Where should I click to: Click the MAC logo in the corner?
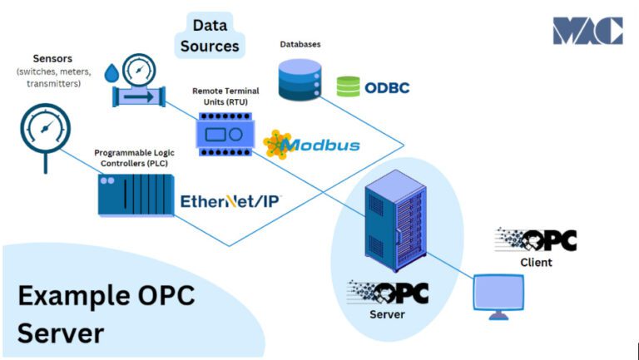[587, 31]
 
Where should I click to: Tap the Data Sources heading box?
[210, 35]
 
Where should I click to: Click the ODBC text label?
[387, 86]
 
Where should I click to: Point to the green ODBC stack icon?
[348, 86]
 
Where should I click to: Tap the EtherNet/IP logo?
[230, 200]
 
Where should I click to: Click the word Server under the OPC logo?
[387, 315]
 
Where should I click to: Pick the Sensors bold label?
[52, 59]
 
